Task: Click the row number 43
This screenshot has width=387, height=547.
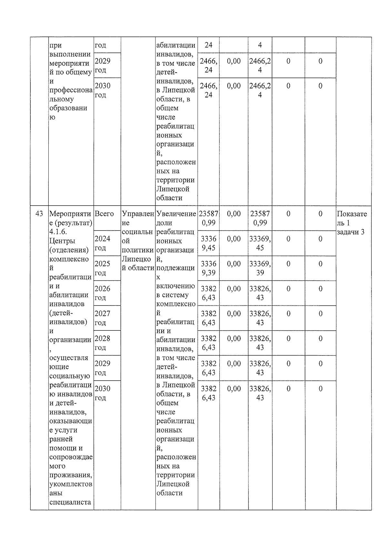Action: tap(39, 214)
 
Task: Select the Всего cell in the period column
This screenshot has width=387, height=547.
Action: tap(104, 214)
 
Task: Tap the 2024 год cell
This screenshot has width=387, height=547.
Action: tap(102, 243)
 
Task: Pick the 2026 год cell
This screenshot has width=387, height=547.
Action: tap(102, 293)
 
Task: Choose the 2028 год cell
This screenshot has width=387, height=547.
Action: tap(102, 343)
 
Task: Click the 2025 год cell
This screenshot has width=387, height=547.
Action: tap(102, 268)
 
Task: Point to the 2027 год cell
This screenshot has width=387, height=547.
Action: tap(102, 318)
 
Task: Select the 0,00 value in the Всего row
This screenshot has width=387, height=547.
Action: tap(234, 214)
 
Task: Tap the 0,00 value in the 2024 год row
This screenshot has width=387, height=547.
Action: tap(234, 239)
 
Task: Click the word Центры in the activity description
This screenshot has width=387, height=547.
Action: tap(62, 241)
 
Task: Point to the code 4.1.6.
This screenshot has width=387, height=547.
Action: tap(58, 232)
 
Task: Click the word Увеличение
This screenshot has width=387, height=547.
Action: tap(176, 214)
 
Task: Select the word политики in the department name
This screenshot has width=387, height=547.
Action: tap(138, 250)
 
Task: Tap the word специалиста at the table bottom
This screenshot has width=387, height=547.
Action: tap(70, 502)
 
